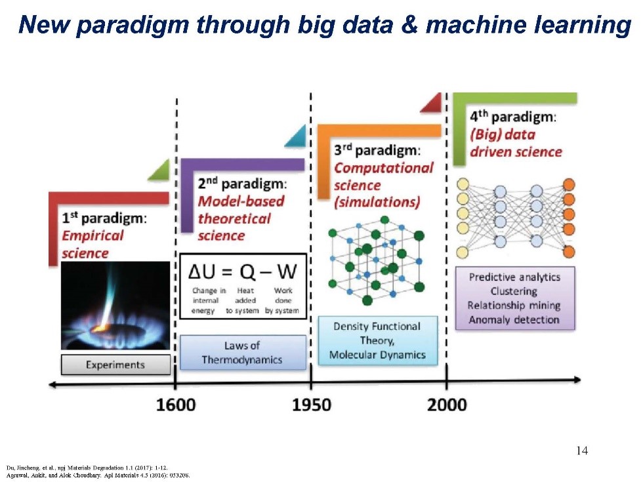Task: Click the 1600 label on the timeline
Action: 176,405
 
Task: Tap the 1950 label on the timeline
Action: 311,405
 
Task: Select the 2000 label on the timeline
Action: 447,405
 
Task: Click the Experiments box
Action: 115,365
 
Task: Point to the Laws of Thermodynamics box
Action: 243,353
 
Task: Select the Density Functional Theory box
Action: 378,340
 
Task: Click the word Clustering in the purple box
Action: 514,291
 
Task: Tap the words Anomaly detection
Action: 514,319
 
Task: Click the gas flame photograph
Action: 115,306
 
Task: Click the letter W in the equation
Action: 287,271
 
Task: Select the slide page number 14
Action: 582,451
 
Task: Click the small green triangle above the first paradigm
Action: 161,172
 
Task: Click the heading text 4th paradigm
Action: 513,117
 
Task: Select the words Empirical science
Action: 93,244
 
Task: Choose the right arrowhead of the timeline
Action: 577,380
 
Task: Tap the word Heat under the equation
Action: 245,290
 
